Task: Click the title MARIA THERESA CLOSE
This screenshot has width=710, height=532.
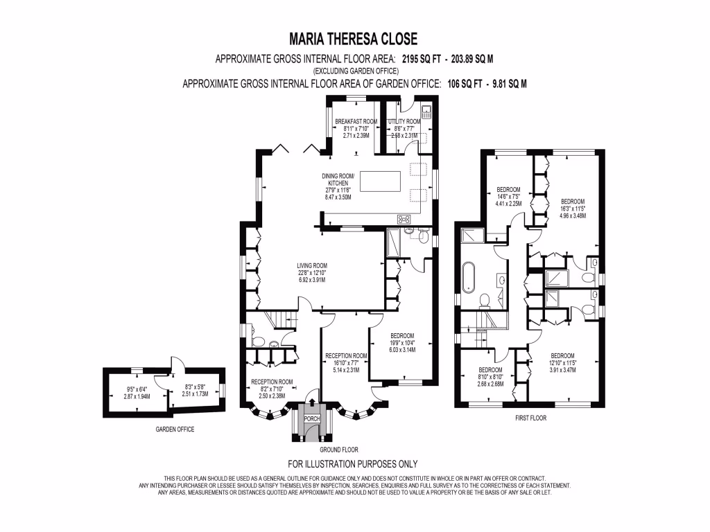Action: point(354,37)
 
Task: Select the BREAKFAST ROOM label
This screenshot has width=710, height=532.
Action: point(356,121)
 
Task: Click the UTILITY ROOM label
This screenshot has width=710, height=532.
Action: point(404,121)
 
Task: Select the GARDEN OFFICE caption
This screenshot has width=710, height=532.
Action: point(175,429)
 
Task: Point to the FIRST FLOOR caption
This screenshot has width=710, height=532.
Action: point(530,418)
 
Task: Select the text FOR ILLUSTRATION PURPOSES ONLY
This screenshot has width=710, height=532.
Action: point(353,464)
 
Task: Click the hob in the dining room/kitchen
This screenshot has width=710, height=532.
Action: point(404,220)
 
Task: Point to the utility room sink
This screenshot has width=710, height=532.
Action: point(426,110)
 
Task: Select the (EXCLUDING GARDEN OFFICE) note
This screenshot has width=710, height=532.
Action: point(355,71)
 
